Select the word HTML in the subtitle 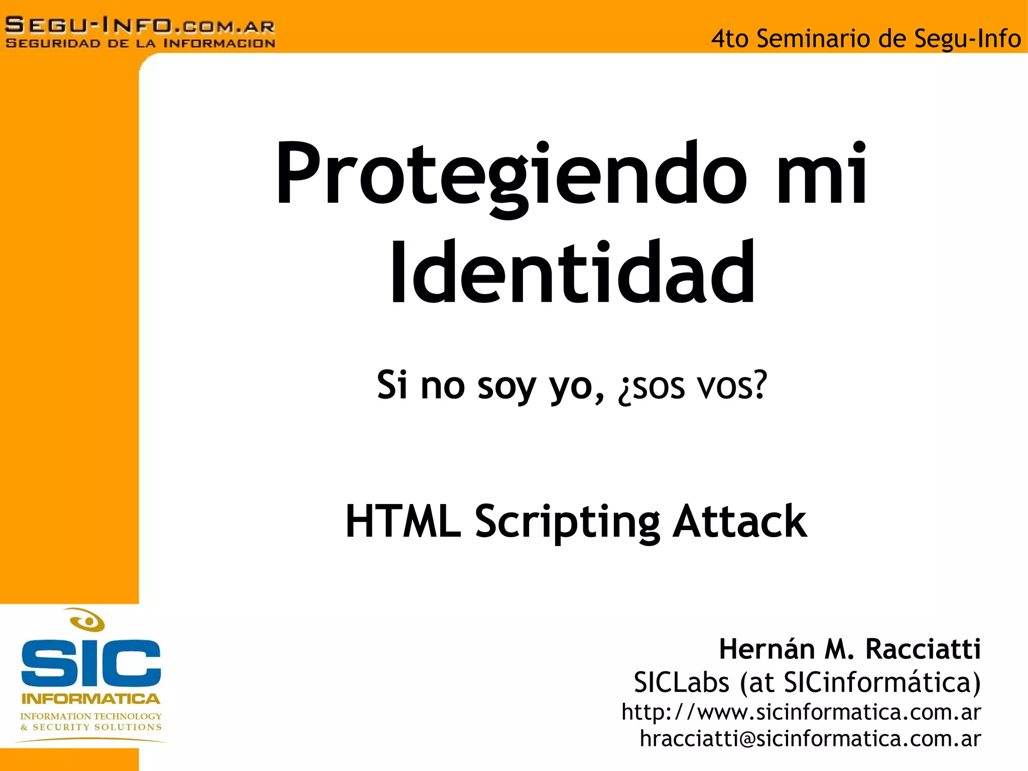(x=403, y=522)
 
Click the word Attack (x=740, y=522)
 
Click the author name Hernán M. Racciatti (x=849, y=649)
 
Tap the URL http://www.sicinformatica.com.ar (x=801, y=712)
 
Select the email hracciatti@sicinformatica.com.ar (x=810, y=739)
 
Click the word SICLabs (x=681, y=683)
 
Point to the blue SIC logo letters (x=91, y=663)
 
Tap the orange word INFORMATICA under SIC (x=91, y=699)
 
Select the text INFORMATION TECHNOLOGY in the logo (x=91, y=716)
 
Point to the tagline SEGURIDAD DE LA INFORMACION (x=140, y=43)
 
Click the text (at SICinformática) (x=860, y=683)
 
